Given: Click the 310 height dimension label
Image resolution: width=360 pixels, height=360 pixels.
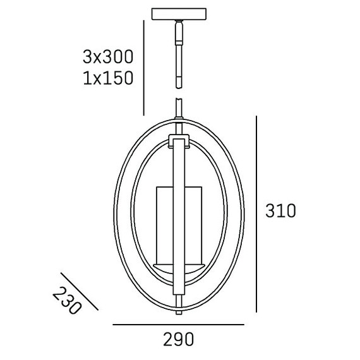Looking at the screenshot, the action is pos(280,211).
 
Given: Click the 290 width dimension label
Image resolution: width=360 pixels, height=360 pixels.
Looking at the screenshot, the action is pos(179,339).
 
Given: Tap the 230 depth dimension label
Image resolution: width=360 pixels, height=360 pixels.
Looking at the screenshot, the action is pos(67,301).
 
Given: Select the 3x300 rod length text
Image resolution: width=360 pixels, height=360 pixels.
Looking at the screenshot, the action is pos(108,57).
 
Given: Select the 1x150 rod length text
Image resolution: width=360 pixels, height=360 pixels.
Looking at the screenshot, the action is pos(108,78).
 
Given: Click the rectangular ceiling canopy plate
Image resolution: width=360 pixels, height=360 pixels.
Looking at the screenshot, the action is pos(179,14).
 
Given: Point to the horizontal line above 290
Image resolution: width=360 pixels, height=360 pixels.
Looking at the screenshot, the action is pos(178,325).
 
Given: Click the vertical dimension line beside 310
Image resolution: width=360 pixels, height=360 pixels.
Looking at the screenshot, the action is pos(256,214).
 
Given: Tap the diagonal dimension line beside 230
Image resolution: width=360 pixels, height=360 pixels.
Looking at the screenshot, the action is pos(80,291).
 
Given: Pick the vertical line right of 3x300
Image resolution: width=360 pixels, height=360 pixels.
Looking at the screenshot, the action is pos(143,68).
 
